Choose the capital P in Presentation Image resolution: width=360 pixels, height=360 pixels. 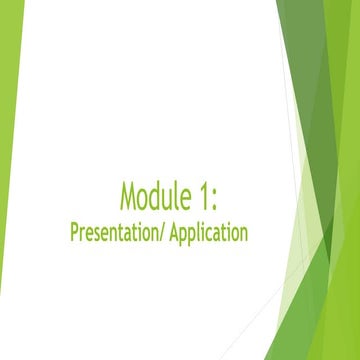(x=75, y=233)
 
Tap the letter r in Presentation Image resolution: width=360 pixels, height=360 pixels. (x=83, y=235)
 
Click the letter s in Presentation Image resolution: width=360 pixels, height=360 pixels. (x=101, y=235)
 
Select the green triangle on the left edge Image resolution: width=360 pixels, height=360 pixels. (x=10, y=120)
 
